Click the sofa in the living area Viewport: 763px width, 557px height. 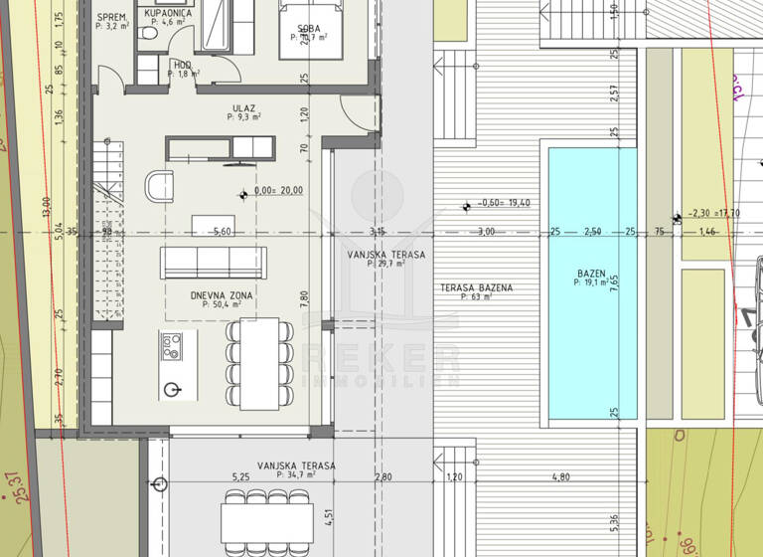pos(214,262)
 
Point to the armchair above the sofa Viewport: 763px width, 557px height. pos(159,185)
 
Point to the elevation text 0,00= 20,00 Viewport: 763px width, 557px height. pos(279,191)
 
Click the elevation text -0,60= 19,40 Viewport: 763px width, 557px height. pos(504,203)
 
